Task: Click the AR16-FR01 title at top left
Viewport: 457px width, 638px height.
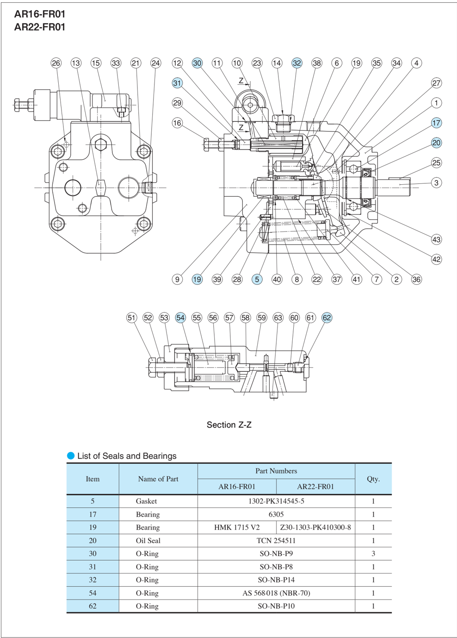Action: tap(40, 14)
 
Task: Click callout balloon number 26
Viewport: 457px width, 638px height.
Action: tap(56, 63)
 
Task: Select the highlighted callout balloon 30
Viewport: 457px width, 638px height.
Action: tap(197, 63)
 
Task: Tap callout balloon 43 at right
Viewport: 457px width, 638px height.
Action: tap(436, 239)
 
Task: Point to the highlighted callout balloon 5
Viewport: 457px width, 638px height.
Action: tap(257, 279)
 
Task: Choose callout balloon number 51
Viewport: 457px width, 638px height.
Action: tap(132, 318)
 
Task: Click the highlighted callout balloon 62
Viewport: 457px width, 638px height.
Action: tap(327, 318)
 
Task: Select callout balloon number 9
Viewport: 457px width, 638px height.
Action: tap(177, 279)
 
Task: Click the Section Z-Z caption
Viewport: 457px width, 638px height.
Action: tap(229, 425)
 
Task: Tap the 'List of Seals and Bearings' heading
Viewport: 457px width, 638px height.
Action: tap(127, 456)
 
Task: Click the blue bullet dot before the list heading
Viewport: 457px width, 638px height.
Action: tap(71, 456)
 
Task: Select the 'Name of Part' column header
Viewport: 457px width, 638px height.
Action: tap(158, 479)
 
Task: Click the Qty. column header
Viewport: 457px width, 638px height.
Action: tap(373, 479)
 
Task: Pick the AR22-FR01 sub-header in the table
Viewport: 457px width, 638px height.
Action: tap(315, 487)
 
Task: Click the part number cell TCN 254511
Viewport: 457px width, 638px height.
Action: tap(276, 540)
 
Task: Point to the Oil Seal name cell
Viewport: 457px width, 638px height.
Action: tap(148, 540)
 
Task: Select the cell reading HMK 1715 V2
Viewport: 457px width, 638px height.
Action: tap(237, 527)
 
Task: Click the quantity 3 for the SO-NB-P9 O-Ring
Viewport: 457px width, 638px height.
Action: tap(373, 553)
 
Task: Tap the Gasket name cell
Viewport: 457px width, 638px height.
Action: tap(146, 501)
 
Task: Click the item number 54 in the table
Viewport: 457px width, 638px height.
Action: tap(93, 593)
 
